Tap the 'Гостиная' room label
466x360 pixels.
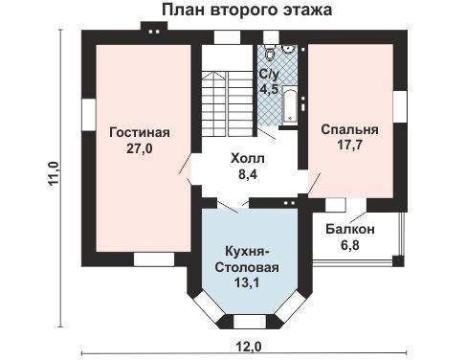click(139, 132)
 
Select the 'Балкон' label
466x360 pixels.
click(349, 230)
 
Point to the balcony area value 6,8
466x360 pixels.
click(349, 246)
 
